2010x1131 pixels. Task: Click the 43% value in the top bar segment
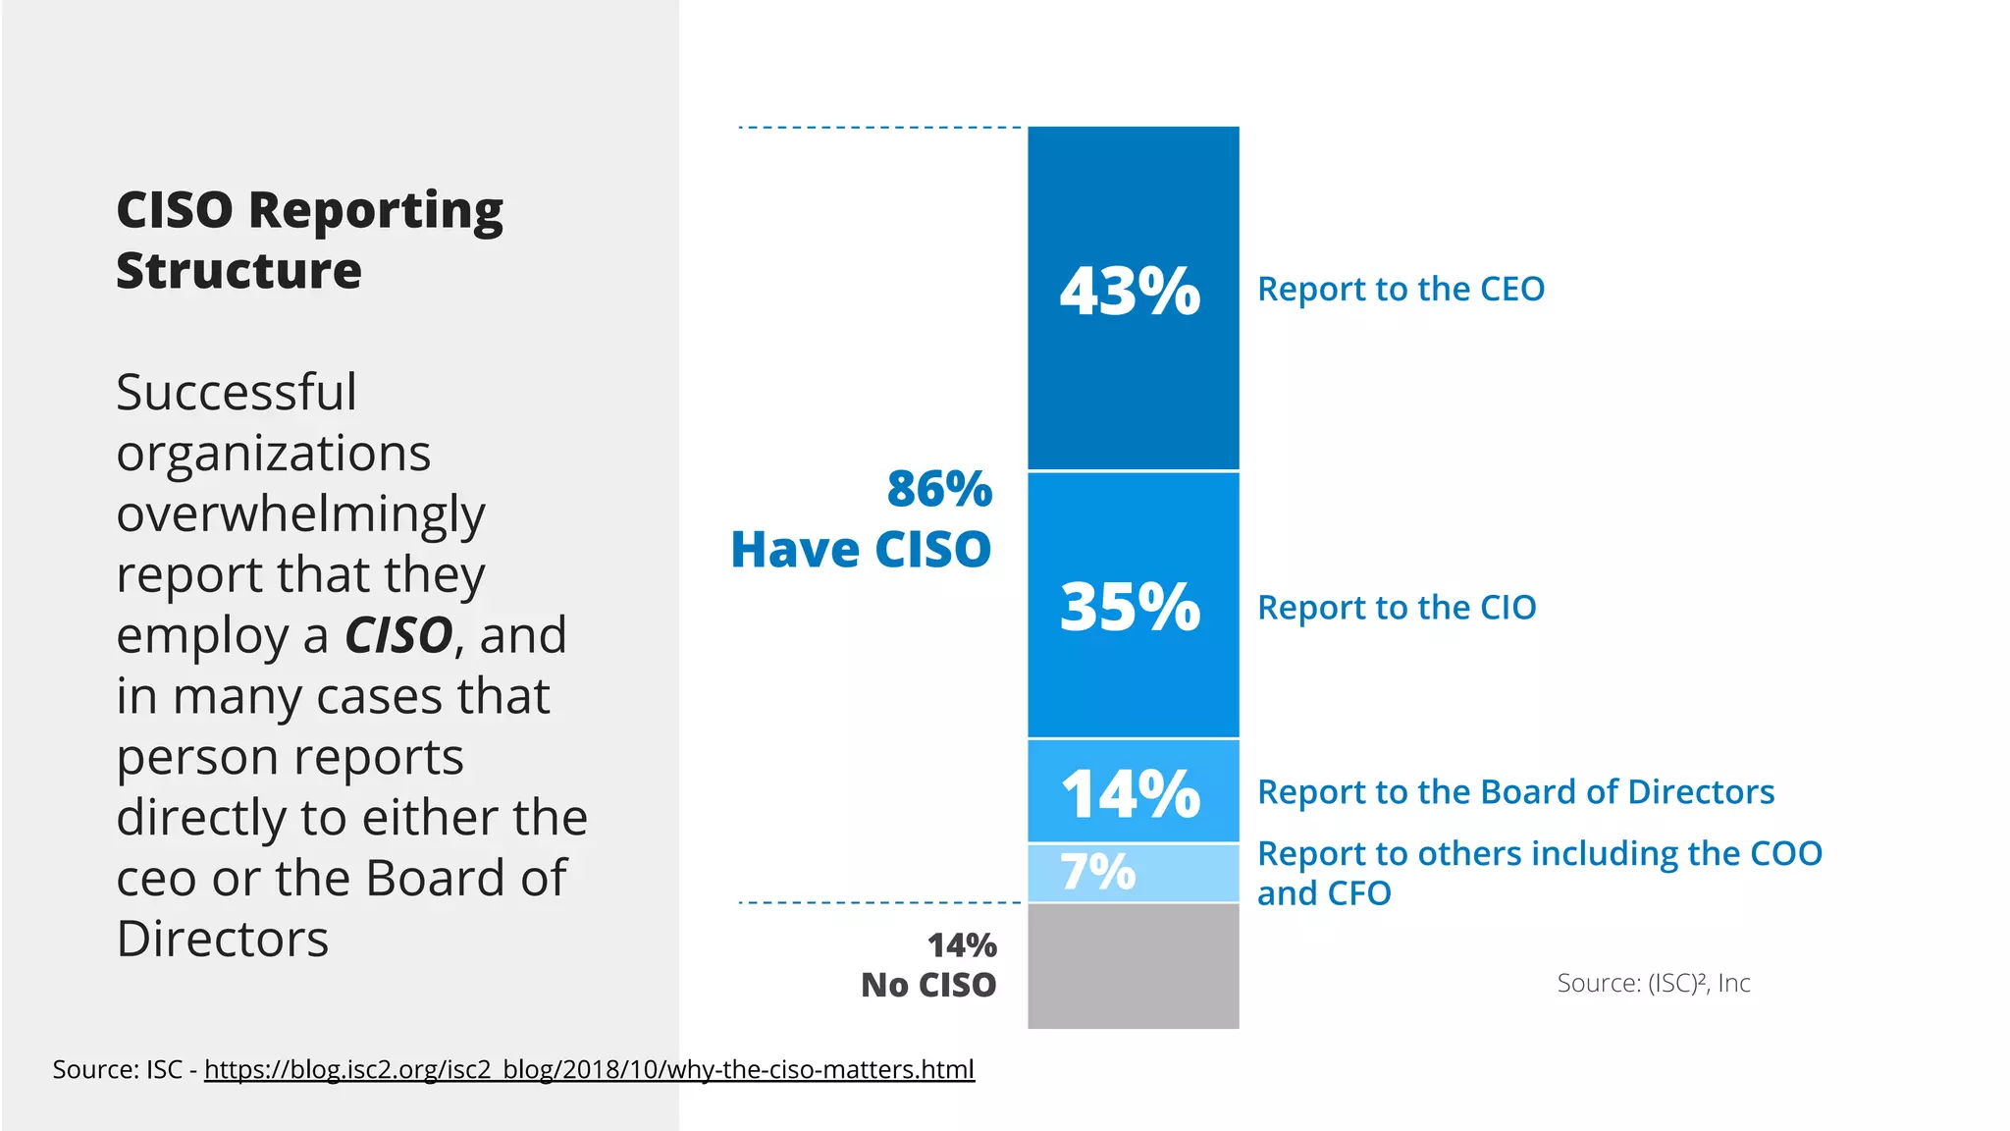(1130, 292)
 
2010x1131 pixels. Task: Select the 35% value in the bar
(1130, 607)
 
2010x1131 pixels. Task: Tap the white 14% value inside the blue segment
(1130, 793)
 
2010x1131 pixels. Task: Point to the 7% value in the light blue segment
(1098, 872)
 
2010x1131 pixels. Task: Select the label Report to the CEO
(1401, 290)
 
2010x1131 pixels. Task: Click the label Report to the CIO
(1397, 608)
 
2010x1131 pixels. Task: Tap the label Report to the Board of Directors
(1515, 792)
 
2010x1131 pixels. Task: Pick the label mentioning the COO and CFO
(1539, 873)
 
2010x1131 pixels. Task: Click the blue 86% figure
(939, 489)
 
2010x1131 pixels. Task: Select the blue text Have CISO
(861, 549)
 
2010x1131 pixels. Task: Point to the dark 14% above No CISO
(962, 945)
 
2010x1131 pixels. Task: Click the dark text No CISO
(928, 985)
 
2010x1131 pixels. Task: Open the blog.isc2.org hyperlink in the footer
(589, 1069)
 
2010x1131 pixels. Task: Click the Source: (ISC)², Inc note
(1653, 983)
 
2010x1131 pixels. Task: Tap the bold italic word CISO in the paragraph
(397, 635)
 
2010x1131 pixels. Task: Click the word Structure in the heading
(238, 271)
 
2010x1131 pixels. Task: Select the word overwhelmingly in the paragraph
(300, 514)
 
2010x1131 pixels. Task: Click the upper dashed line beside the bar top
(879, 128)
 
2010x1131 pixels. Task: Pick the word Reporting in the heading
(376, 211)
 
